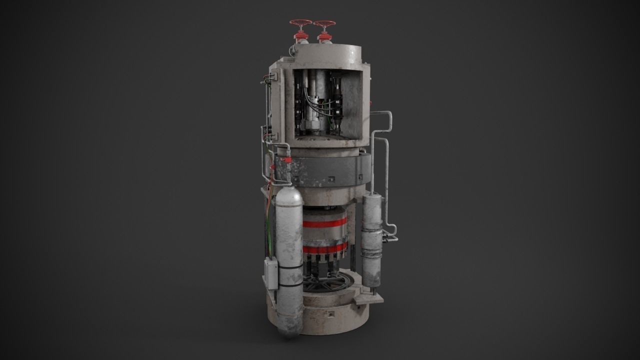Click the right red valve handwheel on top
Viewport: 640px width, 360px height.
click(x=324, y=23)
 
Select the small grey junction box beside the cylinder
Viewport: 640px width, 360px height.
click(x=270, y=273)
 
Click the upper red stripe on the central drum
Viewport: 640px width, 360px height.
click(x=325, y=222)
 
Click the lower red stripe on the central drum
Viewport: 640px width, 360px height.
click(x=324, y=248)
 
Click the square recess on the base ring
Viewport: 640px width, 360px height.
click(x=330, y=315)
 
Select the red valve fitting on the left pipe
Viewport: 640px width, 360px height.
click(x=287, y=160)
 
